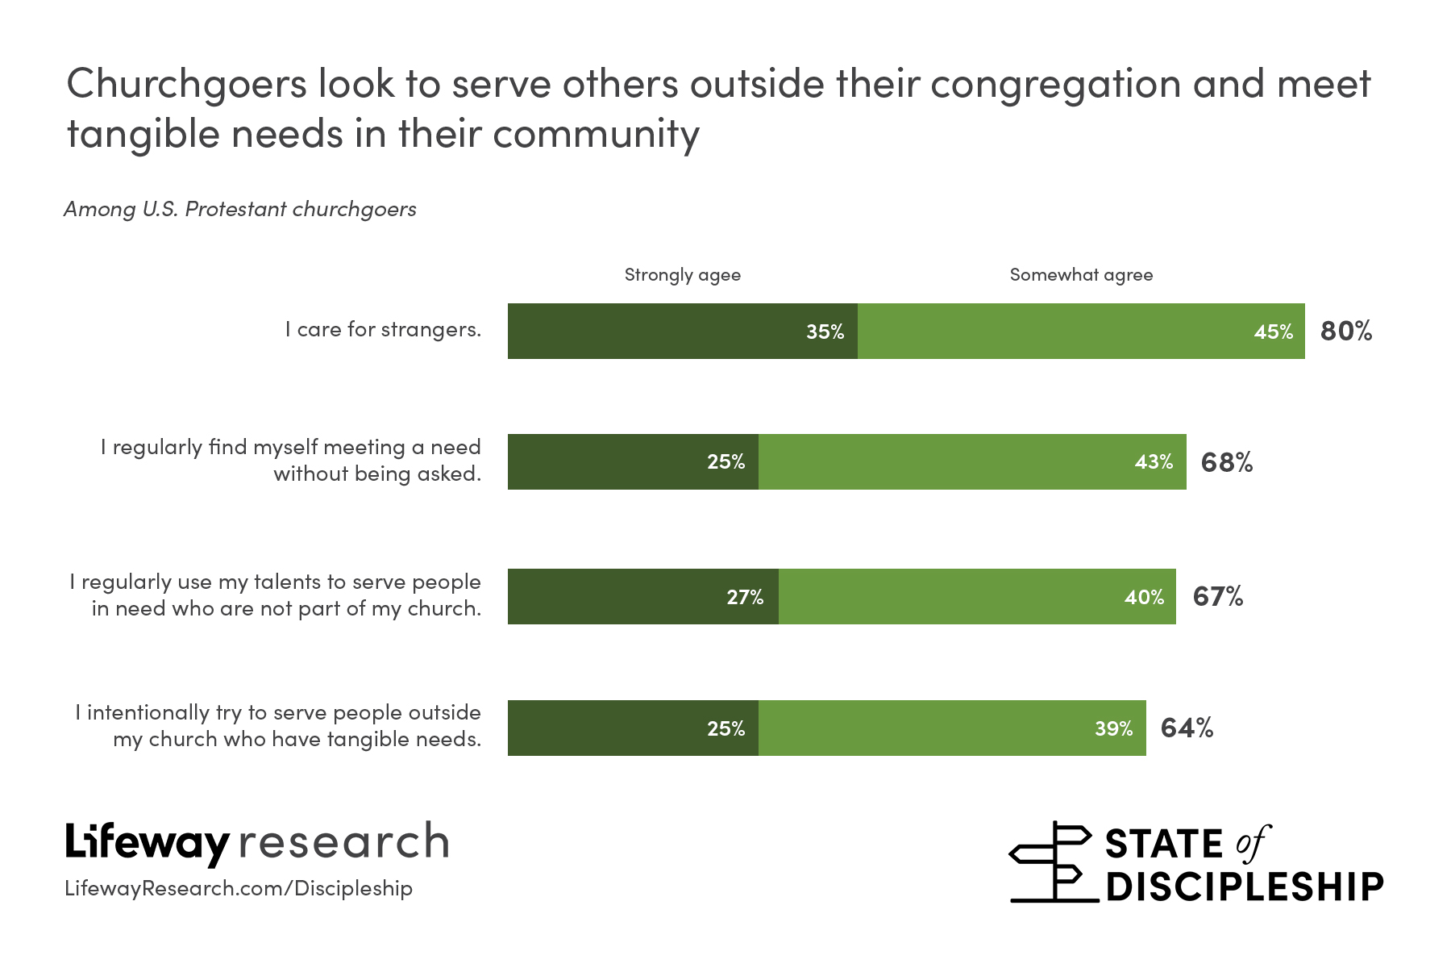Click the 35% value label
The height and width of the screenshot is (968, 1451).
coord(825,332)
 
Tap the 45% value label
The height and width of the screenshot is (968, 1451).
coord(1273,332)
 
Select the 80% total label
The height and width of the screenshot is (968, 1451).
coord(1345,331)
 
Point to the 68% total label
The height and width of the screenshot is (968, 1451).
coord(1226,462)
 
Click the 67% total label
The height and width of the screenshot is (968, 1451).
coord(1217,596)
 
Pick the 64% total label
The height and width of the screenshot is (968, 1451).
coord(1187,728)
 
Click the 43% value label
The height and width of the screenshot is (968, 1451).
coord(1154,462)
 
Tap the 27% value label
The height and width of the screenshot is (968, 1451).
coord(745,597)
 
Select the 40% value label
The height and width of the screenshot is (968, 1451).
coord(1144,597)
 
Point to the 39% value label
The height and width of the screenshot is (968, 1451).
coord(1113,728)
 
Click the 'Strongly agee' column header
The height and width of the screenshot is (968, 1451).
coord(682,275)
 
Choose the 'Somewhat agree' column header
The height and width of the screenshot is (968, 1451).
coord(1081,275)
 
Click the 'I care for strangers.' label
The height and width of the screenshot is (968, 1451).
coord(383,330)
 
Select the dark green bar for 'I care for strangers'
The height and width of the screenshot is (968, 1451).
coord(653,332)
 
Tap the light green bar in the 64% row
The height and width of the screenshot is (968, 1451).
coord(927,728)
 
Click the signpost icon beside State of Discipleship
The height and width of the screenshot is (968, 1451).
coord(1052,862)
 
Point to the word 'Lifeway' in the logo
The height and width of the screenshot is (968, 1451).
coord(148,843)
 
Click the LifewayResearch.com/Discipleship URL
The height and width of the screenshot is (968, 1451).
coord(239,888)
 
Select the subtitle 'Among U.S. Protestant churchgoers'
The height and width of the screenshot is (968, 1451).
coord(240,209)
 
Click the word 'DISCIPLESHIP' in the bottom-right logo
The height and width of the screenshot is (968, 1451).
coord(1245,887)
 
